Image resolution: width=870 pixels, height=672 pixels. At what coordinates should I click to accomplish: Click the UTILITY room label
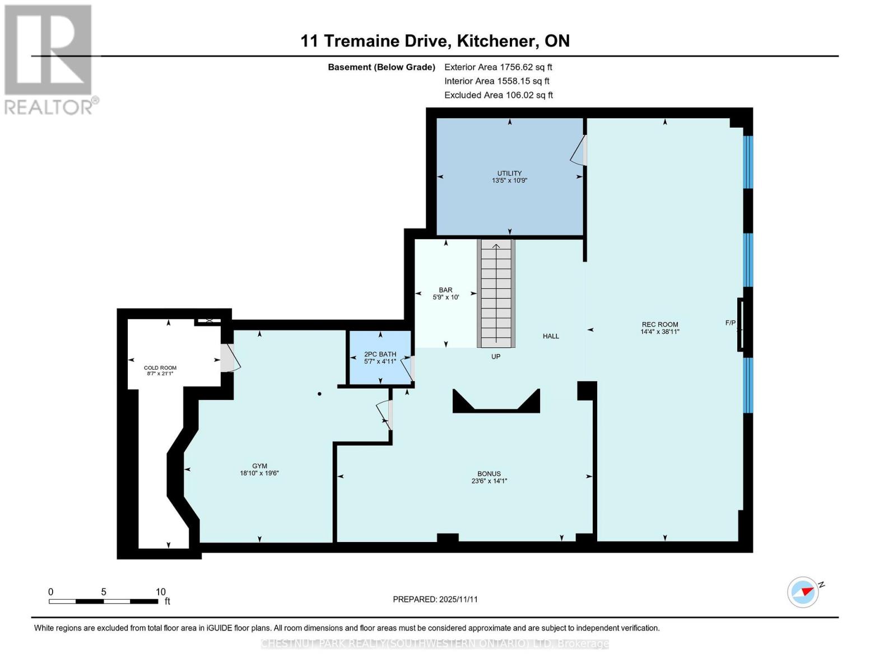[509, 173]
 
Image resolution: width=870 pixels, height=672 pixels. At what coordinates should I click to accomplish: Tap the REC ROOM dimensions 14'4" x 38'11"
[660, 332]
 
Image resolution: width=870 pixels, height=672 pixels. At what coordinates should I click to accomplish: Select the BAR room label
[445, 290]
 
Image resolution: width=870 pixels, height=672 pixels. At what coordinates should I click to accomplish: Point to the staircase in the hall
[496, 294]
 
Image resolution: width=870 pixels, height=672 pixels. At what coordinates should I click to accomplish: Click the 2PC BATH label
[380, 354]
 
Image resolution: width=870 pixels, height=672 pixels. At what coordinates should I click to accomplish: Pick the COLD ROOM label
[160, 368]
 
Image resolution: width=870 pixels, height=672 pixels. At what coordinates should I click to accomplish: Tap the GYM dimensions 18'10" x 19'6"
[259, 473]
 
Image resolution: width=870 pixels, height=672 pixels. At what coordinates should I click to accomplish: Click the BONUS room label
[489, 474]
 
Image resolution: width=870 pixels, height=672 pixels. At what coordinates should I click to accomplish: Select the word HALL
[551, 336]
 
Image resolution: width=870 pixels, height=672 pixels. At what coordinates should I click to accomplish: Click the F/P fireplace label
[731, 323]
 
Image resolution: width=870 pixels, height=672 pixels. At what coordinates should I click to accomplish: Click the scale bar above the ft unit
[104, 601]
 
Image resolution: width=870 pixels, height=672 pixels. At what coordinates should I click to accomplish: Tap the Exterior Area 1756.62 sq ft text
[498, 67]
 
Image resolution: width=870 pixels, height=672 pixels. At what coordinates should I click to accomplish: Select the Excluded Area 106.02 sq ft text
[498, 95]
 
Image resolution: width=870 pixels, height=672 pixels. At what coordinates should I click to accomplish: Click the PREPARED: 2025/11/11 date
[435, 599]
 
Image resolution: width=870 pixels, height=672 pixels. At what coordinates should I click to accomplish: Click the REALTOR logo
[49, 59]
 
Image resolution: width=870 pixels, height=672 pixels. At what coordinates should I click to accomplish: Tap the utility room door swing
[579, 151]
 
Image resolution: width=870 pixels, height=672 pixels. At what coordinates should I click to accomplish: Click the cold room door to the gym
[229, 358]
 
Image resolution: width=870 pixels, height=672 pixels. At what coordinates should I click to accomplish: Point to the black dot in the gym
[319, 394]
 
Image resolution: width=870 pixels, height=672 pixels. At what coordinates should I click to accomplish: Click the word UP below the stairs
[496, 357]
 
